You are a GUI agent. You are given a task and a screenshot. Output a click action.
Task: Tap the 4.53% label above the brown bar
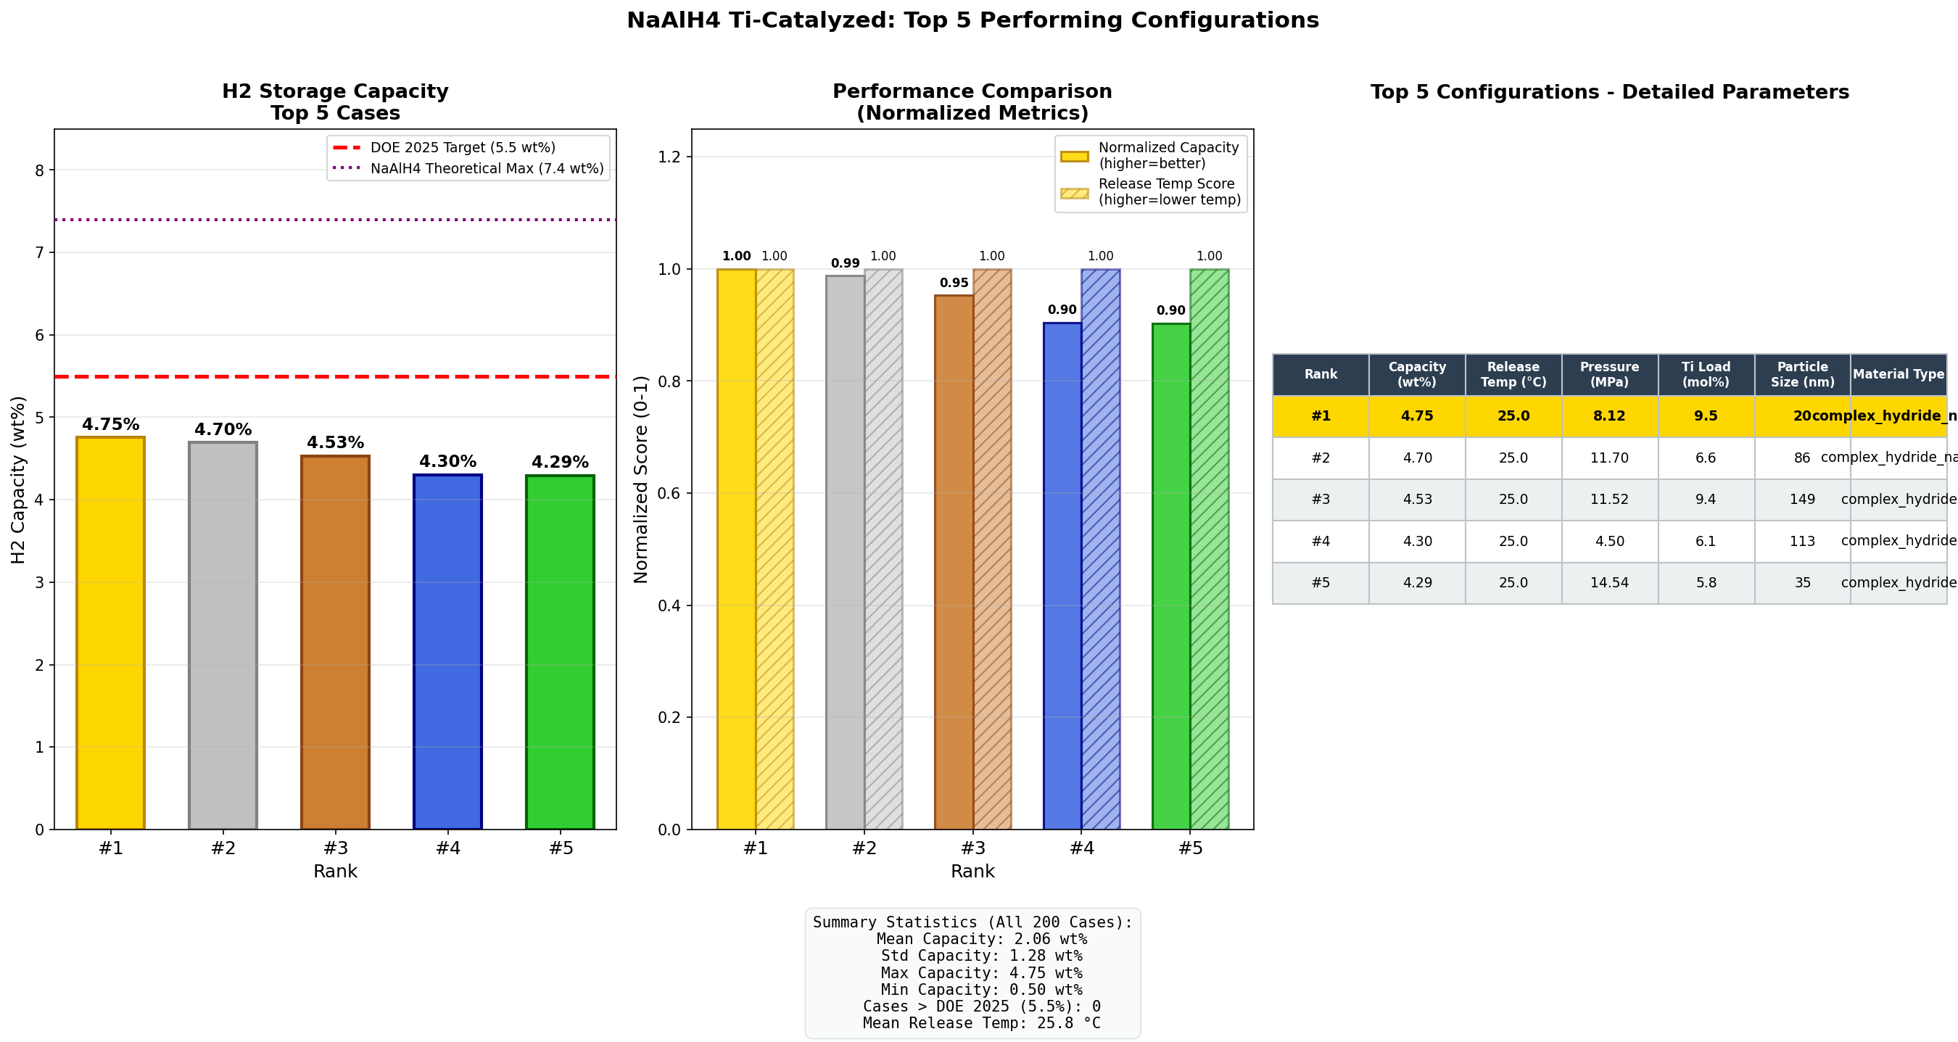pyautogui.click(x=335, y=442)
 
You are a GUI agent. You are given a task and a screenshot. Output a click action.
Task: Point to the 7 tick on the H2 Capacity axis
pyautogui.click(x=40, y=252)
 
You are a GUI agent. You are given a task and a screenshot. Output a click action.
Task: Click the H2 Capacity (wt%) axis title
pyautogui.click(x=18, y=479)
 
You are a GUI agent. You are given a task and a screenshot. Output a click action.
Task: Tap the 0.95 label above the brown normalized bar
pyautogui.click(x=953, y=283)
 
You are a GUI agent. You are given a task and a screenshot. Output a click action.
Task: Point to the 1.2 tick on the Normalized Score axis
pyautogui.click(x=669, y=157)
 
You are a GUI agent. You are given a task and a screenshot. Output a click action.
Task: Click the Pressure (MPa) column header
pyautogui.click(x=1609, y=374)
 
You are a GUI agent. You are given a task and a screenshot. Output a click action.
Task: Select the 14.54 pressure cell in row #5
pyautogui.click(x=1609, y=583)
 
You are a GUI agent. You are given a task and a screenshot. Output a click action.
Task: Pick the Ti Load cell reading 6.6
pyautogui.click(x=1706, y=458)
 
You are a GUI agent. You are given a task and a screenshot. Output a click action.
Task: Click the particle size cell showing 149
pyautogui.click(x=1801, y=500)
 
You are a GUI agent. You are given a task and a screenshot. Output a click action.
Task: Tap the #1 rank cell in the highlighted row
pyautogui.click(x=1321, y=415)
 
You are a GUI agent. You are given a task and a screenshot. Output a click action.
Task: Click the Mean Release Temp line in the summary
pyautogui.click(x=980, y=1023)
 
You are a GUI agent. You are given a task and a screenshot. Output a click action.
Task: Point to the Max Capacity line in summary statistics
pyautogui.click(x=980, y=973)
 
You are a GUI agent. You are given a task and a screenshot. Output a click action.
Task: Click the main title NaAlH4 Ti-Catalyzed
pyautogui.click(x=972, y=20)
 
